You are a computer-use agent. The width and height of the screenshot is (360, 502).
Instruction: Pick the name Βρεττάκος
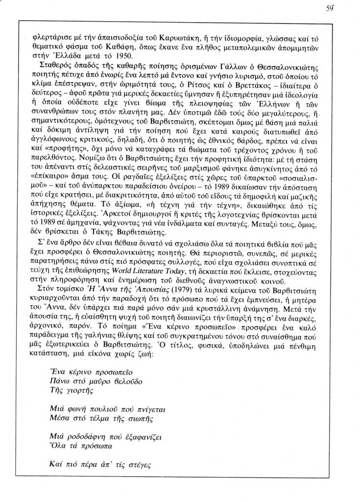point(244,83)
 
